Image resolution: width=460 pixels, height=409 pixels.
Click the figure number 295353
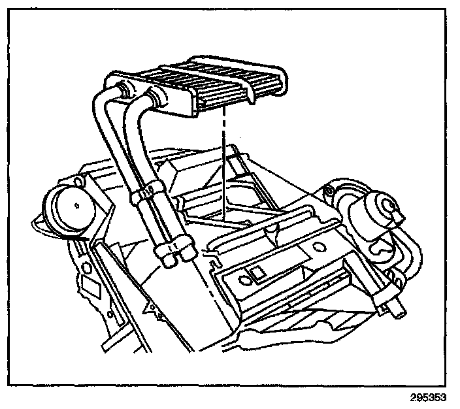click(x=431, y=397)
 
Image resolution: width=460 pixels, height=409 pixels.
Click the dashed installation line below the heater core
click(x=223, y=163)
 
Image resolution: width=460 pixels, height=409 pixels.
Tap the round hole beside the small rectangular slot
click(x=245, y=280)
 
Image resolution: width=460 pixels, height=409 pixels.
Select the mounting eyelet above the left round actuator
click(x=81, y=177)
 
